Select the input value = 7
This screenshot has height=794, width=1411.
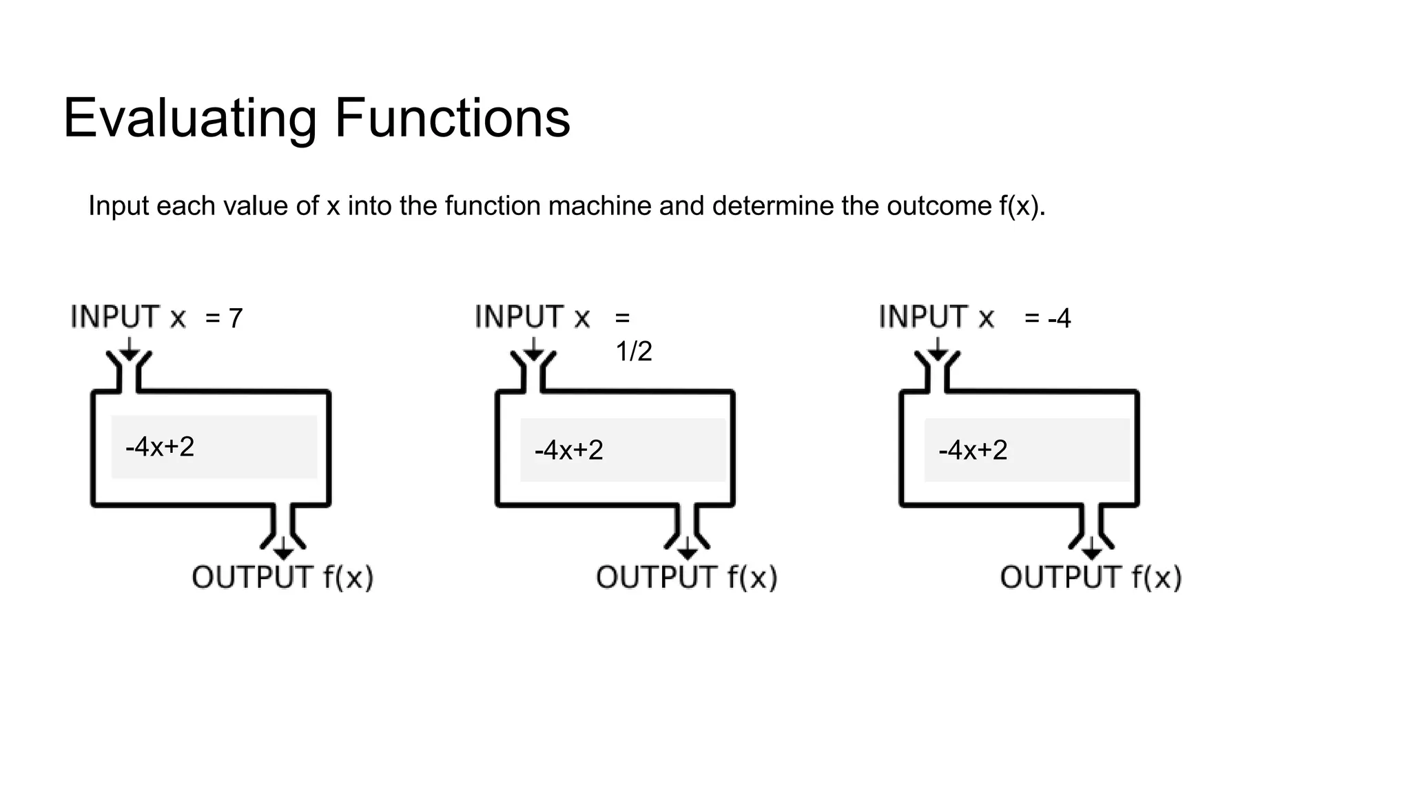click(225, 318)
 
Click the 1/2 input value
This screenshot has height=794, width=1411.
click(633, 352)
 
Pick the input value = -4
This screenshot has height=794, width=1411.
click(1047, 318)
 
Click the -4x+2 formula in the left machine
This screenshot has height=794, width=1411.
click(160, 447)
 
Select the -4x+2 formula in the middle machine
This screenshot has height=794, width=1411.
click(568, 450)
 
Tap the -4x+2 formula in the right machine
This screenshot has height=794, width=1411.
click(973, 450)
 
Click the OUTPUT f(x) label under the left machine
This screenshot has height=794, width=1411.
click(282, 578)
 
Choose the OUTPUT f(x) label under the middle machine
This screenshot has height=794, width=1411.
click(687, 578)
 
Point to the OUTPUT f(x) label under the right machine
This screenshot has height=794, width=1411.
click(1091, 578)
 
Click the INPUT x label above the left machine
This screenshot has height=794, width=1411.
click(128, 317)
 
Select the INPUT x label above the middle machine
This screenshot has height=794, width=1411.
click(533, 317)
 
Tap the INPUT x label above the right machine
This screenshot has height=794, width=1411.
click(937, 317)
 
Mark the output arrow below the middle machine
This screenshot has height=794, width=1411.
click(687, 549)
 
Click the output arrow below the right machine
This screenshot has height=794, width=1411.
click(1091, 549)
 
